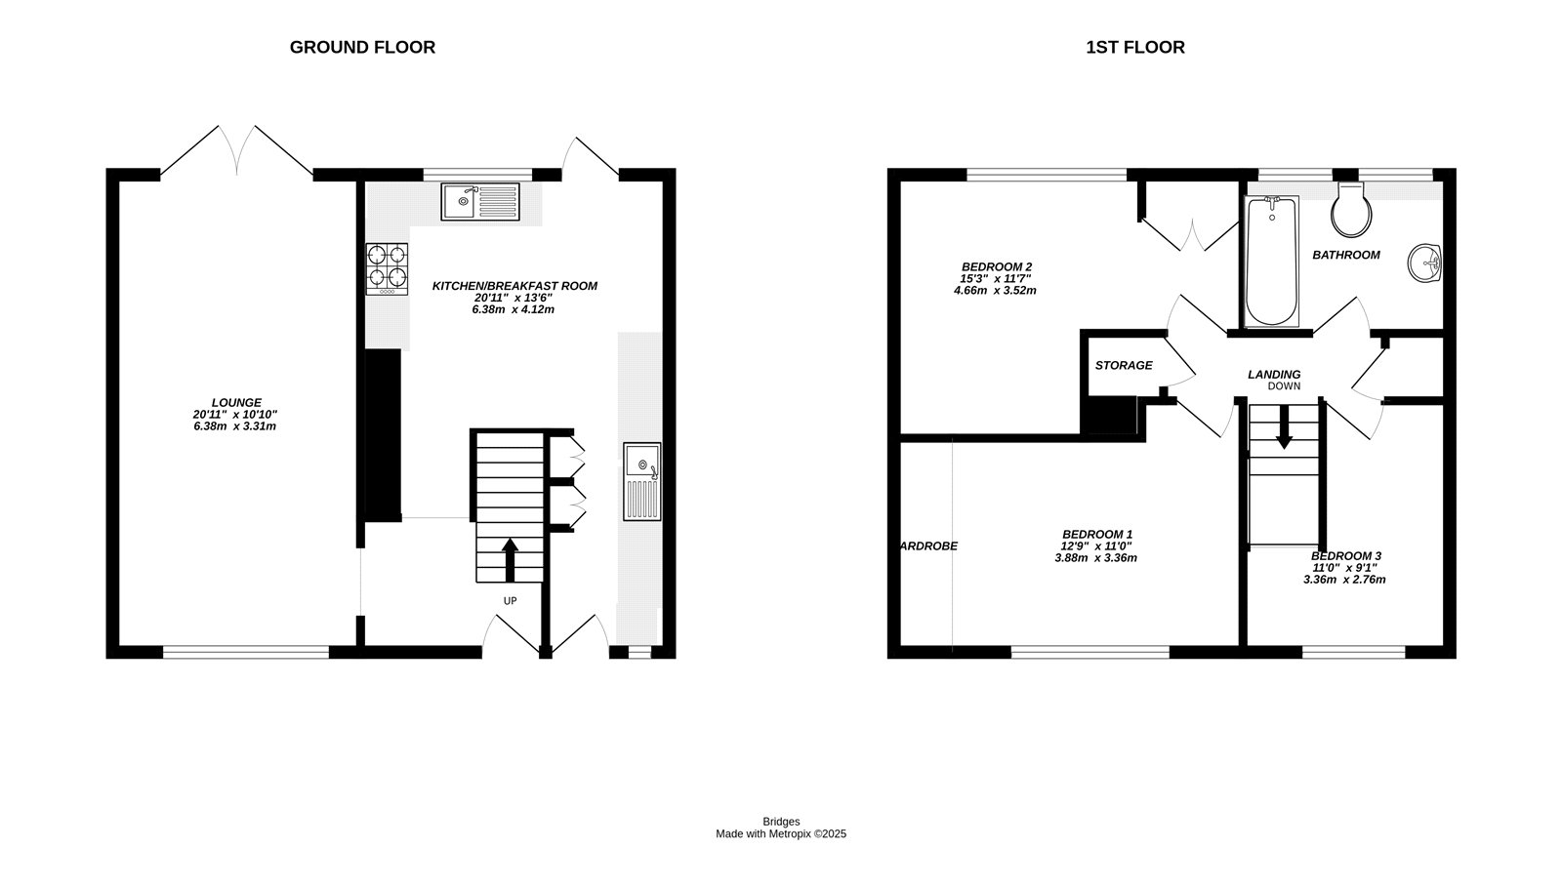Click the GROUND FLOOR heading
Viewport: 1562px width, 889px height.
click(362, 48)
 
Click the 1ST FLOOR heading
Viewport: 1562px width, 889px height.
click(1135, 48)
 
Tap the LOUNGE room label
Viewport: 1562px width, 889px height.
click(236, 402)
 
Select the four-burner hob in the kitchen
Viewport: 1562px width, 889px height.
click(387, 268)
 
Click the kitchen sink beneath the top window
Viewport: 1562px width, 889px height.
click(480, 201)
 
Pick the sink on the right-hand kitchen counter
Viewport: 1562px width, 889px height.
click(642, 482)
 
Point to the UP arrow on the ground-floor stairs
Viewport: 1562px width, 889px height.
click(510, 560)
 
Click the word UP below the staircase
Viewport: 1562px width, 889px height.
click(511, 601)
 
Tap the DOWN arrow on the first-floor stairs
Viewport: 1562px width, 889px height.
click(1285, 426)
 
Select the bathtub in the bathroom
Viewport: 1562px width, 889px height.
click(1271, 261)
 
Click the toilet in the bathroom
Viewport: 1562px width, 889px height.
click(1351, 210)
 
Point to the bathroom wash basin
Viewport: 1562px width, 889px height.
click(1424, 263)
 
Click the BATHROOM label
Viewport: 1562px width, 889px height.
click(1346, 256)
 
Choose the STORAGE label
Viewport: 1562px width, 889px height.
click(1124, 365)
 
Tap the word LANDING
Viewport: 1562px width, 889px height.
click(1274, 375)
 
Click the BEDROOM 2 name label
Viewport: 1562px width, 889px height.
click(997, 267)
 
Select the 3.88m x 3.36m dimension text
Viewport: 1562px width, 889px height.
click(1095, 558)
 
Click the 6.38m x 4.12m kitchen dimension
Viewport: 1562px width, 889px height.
click(514, 309)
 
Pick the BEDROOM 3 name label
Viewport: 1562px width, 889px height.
click(1346, 555)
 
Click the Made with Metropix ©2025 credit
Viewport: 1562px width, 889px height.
click(781, 834)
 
